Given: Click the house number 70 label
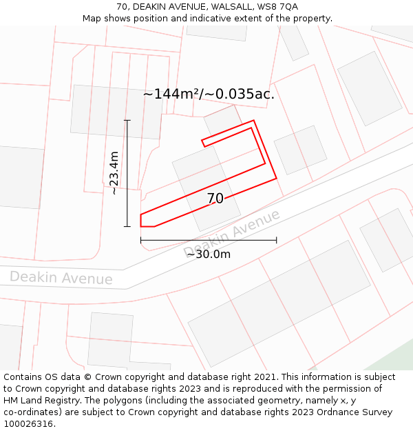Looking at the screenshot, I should coord(215,199).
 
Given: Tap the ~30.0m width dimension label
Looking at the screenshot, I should coord(208,254).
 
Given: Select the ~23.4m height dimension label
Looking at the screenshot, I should coord(114,173).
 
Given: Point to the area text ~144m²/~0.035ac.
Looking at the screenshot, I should coord(209,94).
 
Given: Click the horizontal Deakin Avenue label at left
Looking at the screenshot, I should coord(61,278).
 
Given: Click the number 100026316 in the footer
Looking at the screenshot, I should coord(28,424).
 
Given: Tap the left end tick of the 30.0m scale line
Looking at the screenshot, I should coord(140,240).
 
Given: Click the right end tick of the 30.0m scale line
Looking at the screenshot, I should coord(277,240).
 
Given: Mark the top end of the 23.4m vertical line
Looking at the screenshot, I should coord(127,120).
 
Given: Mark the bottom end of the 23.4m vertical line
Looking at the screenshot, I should coord(127,226).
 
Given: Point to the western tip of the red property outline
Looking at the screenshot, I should coord(140,220).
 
